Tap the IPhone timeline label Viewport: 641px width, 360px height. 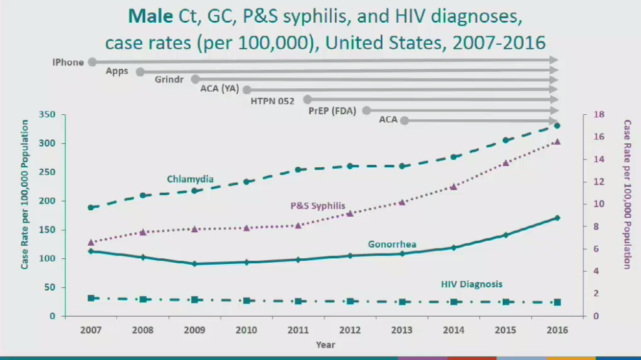pos(68,62)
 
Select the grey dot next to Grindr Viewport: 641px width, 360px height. pos(195,79)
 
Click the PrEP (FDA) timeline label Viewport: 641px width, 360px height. pos(332,110)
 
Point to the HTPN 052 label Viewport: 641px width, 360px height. pos(272,101)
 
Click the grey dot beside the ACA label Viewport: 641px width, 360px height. pos(404,120)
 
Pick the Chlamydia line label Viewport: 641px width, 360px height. pos(190,179)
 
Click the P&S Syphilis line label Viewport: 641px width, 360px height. pos(317,206)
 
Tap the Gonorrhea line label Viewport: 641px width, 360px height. pos(393,245)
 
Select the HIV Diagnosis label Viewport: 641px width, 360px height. pos(472,284)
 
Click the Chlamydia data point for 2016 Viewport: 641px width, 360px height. pos(557,125)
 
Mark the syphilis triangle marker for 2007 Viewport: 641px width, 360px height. pos(91,242)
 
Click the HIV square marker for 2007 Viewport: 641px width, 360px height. pos(91,298)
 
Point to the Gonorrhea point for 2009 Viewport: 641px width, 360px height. pos(195,264)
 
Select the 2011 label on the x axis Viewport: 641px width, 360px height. pos(298,330)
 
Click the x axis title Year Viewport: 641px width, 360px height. pos(326,344)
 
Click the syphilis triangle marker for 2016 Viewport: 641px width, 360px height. pos(557,141)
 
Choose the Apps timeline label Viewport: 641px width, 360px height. pos(117,71)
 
